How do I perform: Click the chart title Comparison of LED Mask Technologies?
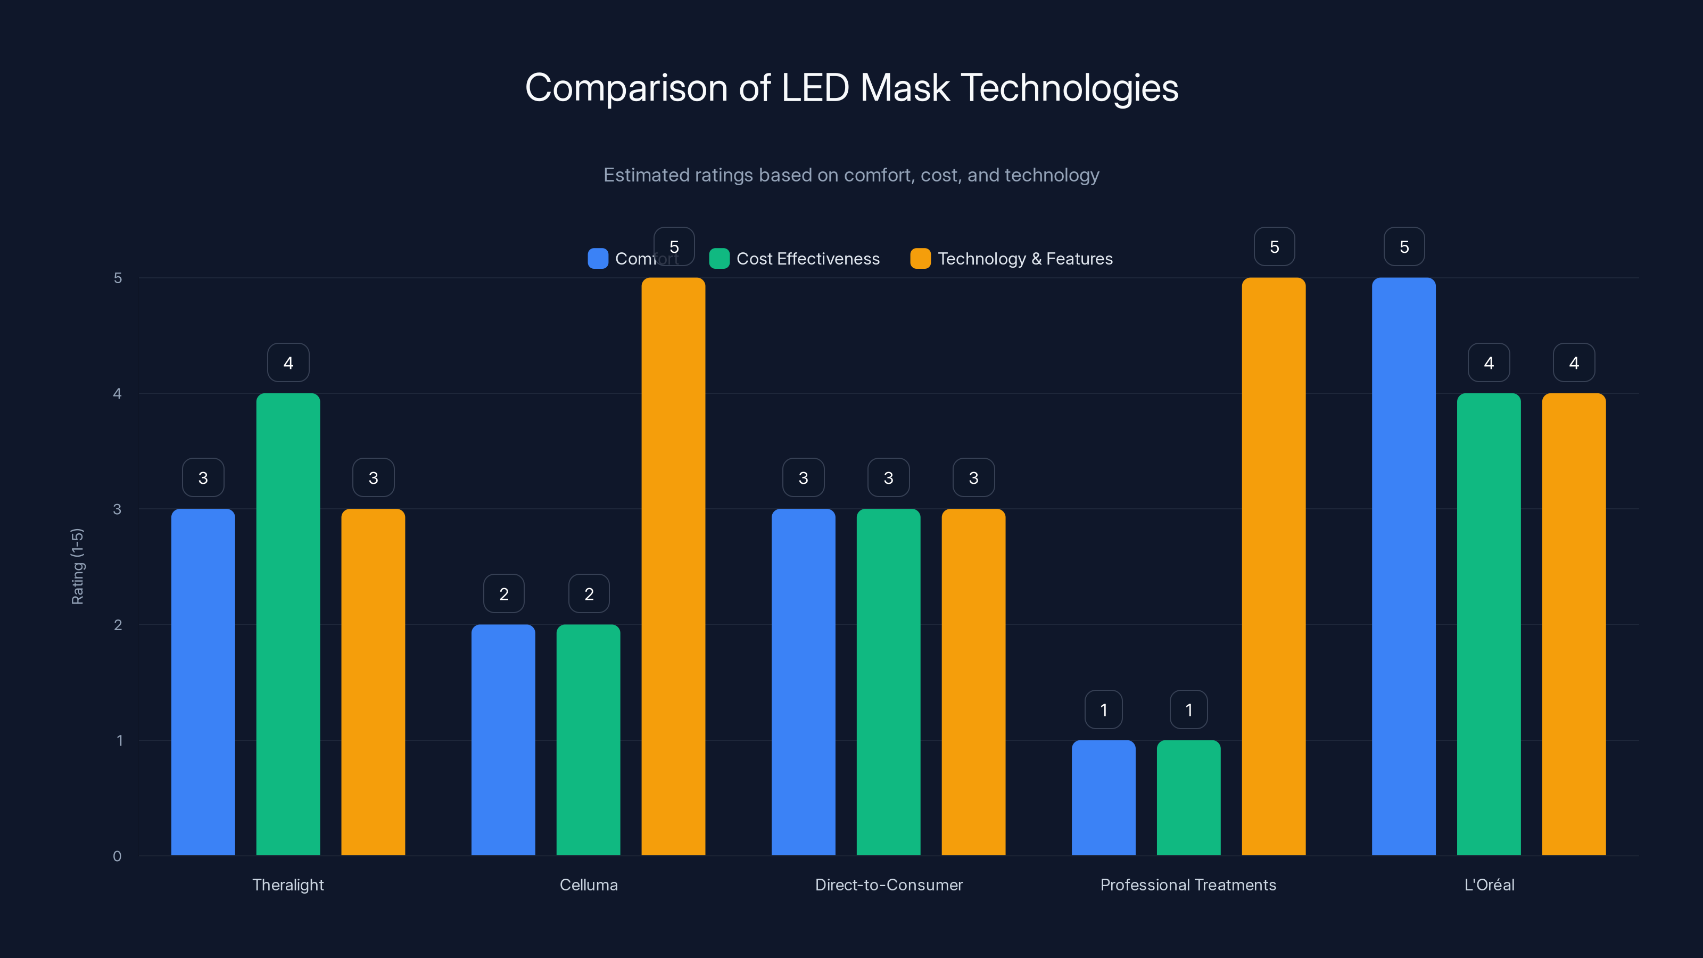pyautogui.click(x=851, y=88)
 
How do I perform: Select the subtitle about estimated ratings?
pyautogui.click(x=851, y=175)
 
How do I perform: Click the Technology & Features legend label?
pyautogui.click(x=1024, y=259)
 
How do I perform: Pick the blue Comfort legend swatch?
pyautogui.click(x=598, y=259)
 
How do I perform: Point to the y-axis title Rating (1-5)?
pyautogui.click(x=77, y=566)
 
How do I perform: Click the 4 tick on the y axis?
pyautogui.click(x=118, y=394)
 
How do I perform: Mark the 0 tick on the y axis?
pyautogui.click(x=118, y=856)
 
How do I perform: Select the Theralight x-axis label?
pyautogui.click(x=288, y=885)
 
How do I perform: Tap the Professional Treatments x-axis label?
pyautogui.click(x=1188, y=885)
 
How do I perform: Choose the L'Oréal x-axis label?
pyautogui.click(x=1489, y=885)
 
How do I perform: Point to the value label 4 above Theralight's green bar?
pyautogui.click(x=288, y=362)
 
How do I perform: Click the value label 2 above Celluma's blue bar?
pyautogui.click(x=504, y=594)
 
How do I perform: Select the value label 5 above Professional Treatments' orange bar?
pyautogui.click(x=1274, y=246)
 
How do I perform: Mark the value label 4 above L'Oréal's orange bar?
pyautogui.click(x=1574, y=362)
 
